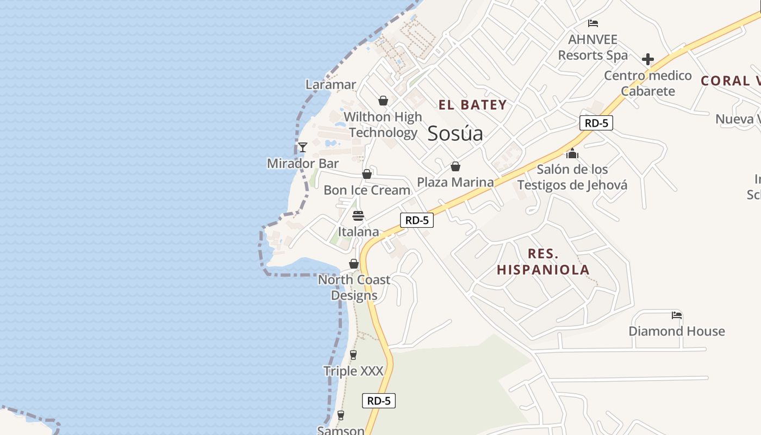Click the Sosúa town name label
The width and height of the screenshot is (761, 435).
pyautogui.click(x=455, y=133)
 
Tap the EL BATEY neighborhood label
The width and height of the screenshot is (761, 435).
pyautogui.click(x=472, y=105)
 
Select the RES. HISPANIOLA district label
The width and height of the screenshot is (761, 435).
pyautogui.click(x=542, y=262)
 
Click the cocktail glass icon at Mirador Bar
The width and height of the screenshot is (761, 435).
pyautogui.click(x=303, y=147)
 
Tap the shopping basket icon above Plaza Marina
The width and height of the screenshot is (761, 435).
pyautogui.click(x=456, y=166)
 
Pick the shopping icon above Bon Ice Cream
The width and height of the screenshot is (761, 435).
pyautogui.click(x=367, y=174)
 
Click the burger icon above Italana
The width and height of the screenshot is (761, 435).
pyautogui.click(x=358, y=216)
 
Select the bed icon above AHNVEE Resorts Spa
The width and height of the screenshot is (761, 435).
pyautogui.click(x=593, y=23)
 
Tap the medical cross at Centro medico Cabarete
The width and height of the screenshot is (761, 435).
pyautogui.click(x=647, y=59)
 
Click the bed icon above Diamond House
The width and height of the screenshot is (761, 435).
pyautogui.click(x=677, y=315)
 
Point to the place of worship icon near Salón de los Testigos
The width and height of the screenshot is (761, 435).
pyautogui.click(x=572, y=153)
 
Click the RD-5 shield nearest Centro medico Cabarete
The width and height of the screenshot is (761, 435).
pyautogui.click(x=596, y=123)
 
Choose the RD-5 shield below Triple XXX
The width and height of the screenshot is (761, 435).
pyautogui.click(x=379, y=401)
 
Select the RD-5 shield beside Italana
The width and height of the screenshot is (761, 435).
pyautogui.click(x=417, y=220)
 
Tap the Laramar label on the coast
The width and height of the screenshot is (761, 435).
pyautogui.click(x=330, y=84)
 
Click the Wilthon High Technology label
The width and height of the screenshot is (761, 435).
pyautogui.click(x=383, y=125)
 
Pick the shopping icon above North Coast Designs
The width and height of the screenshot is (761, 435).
pyautogui.click(x=354, y=264)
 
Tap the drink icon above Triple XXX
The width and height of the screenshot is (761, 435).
pyautogui.click(x=353, y=355)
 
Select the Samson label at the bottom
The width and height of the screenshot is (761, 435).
pyautogui.click(x=341, y=430)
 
